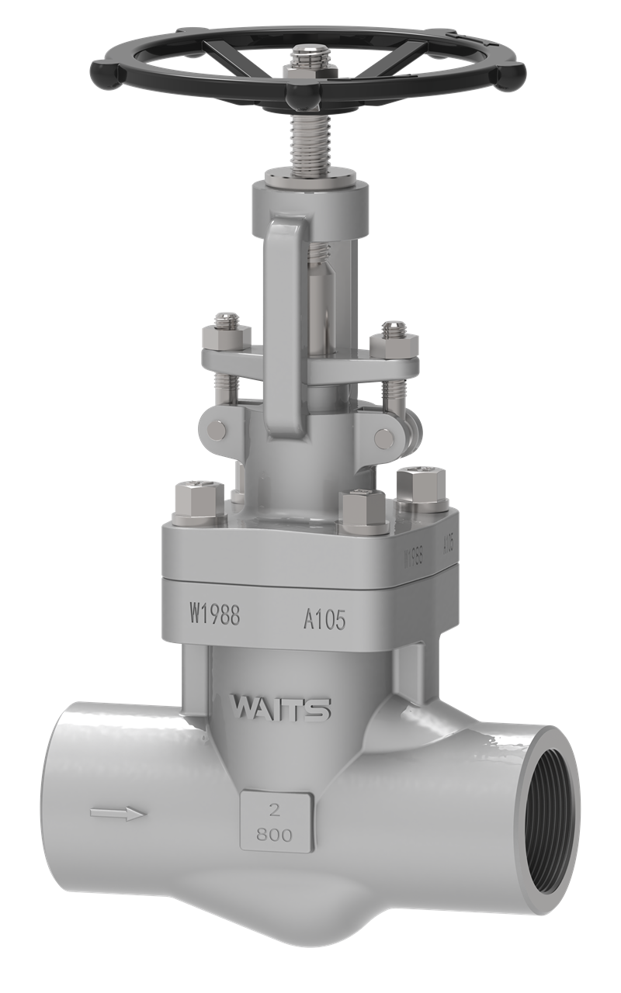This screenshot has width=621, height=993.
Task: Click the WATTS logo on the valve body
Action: (x=282, y=708)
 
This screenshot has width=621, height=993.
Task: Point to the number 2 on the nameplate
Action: (x=273, y=811)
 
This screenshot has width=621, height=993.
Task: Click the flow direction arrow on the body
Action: (x=117, y=814)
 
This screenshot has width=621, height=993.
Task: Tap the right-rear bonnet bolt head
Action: (x=419, y=486)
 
